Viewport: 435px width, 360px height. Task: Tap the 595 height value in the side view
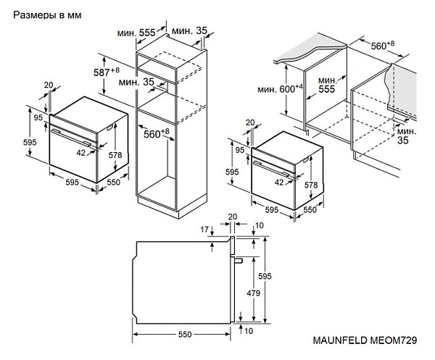click(266, 276)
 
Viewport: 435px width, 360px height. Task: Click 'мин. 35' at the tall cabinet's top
click(191, 31)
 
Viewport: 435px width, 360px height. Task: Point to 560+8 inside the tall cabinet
click(156, 133)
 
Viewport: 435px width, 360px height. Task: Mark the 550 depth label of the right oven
click(308, 210)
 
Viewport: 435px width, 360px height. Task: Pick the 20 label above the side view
click(233, 217)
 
